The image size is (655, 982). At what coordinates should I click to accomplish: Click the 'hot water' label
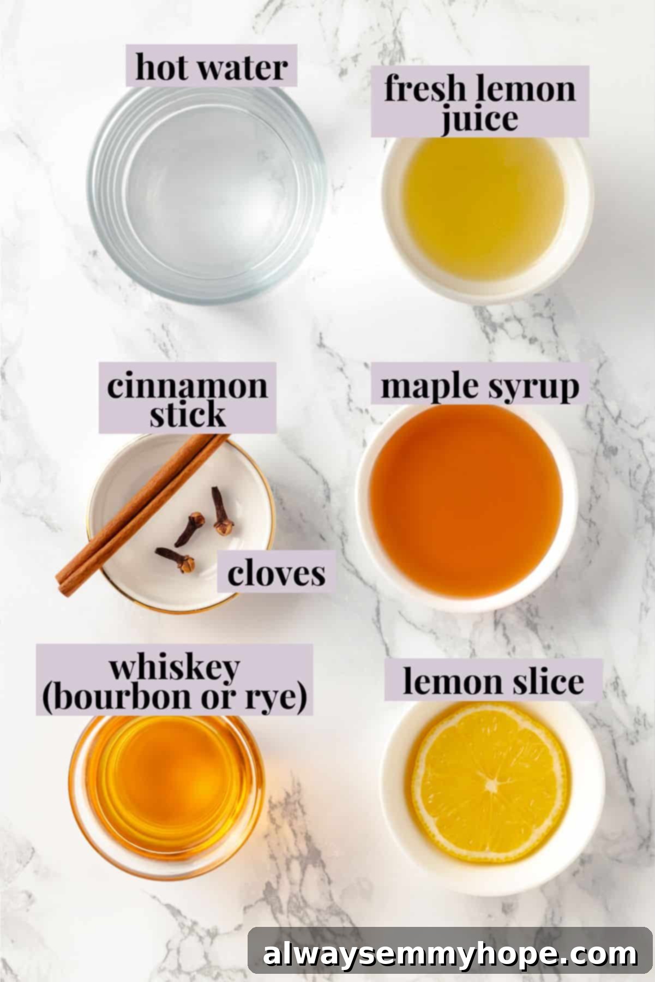[211, 67]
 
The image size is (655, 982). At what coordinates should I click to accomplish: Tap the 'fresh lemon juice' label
[479, 103]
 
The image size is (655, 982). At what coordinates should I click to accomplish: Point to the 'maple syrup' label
[479, 386]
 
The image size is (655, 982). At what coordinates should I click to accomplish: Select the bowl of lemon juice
[483, 210]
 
